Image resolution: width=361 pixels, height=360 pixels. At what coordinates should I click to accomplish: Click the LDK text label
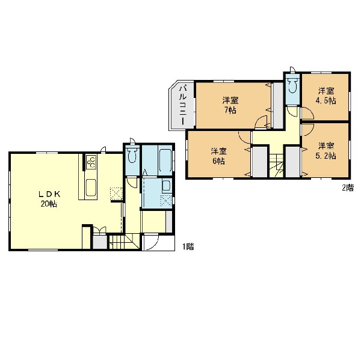point(49,194)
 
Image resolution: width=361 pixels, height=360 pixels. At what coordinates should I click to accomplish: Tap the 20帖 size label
point(49,204)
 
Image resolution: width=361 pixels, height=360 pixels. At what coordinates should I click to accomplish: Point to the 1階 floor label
point(188,246)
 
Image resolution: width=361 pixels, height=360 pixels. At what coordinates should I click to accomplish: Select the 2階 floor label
point(348,188)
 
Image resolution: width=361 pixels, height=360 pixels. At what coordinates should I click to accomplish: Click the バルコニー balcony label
point(183,105)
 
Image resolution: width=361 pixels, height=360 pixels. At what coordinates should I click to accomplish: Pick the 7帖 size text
point(230,111)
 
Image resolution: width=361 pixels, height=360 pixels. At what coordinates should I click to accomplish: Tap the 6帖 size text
point(219,161)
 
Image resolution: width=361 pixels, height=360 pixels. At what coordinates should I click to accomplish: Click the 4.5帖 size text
point(326,101)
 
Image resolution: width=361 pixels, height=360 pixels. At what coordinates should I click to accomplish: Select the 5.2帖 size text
point(326,156)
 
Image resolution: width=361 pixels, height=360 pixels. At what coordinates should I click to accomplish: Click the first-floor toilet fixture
point(132,155)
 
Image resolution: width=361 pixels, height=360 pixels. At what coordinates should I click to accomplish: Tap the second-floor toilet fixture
point(292,85)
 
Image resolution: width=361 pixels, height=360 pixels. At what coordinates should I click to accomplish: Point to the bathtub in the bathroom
point(165,160)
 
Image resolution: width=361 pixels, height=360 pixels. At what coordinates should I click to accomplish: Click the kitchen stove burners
point(91,162)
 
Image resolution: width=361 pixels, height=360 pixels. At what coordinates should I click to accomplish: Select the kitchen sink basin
point(91,188)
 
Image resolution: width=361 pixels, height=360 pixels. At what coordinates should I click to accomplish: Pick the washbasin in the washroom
point(166,185)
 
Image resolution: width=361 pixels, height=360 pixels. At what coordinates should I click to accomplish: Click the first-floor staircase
point(124,242)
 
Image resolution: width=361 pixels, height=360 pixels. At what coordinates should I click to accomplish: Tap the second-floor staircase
point(277,165)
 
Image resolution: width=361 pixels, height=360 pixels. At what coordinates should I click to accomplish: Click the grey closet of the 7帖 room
point(278,105)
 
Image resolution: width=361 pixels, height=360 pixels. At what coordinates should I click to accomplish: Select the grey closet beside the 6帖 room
point(259,162)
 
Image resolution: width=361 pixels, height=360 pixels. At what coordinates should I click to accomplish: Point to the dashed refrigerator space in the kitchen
point(116,194)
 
